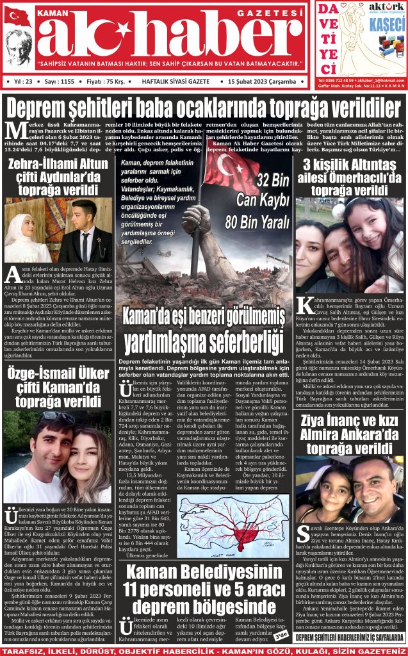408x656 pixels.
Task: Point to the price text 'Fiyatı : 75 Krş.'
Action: [106, 82]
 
